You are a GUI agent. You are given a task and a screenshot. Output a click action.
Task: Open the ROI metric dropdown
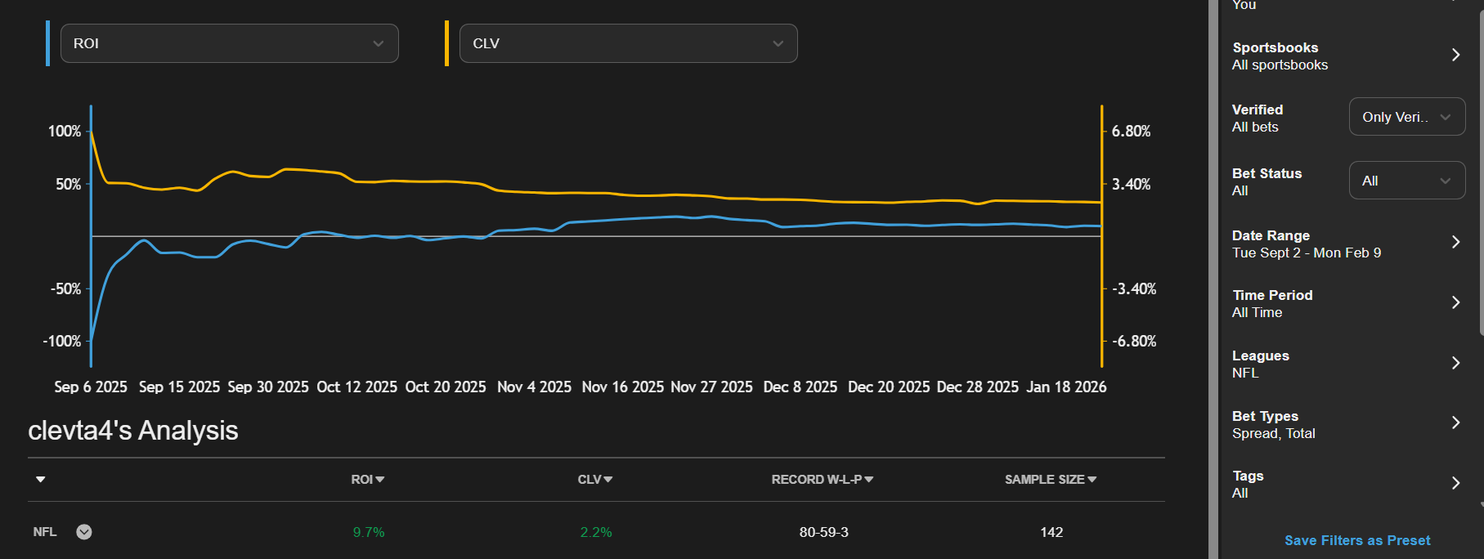click(229, 43)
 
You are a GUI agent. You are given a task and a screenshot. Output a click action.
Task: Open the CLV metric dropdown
click(628, 43)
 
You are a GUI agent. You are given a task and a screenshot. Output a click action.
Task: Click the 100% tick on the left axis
click(65, 132)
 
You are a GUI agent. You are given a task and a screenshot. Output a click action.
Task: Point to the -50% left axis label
click(65, 289)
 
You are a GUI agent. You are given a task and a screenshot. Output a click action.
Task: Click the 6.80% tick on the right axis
click(1131, 132)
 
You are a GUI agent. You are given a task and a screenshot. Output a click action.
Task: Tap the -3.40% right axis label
click(1134, 289)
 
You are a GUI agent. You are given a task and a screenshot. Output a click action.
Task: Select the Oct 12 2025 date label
click(356, 387)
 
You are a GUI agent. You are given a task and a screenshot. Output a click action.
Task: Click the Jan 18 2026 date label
click(1066, 387)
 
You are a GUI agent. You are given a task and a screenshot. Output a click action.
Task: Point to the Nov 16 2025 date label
click(622, 387)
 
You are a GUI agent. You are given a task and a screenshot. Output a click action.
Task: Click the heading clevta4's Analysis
click(133, 431)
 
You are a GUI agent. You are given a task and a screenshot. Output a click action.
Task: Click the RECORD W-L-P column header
click(822, 480)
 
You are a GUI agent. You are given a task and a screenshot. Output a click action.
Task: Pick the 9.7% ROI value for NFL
click(369, 533)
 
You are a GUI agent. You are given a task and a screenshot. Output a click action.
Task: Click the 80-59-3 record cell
click(823, 533)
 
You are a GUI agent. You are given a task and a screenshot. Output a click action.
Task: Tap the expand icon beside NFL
click(84, 532)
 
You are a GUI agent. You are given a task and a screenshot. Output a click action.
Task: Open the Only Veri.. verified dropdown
click(1406, 117)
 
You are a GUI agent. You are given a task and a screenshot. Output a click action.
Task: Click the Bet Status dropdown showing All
click(1406, 181)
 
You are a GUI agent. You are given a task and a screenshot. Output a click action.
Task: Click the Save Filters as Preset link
click(1357, 541)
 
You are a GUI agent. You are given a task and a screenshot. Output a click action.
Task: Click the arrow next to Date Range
click(1455, 242)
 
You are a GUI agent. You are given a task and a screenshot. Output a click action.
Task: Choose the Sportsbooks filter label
click(1275, 48)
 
